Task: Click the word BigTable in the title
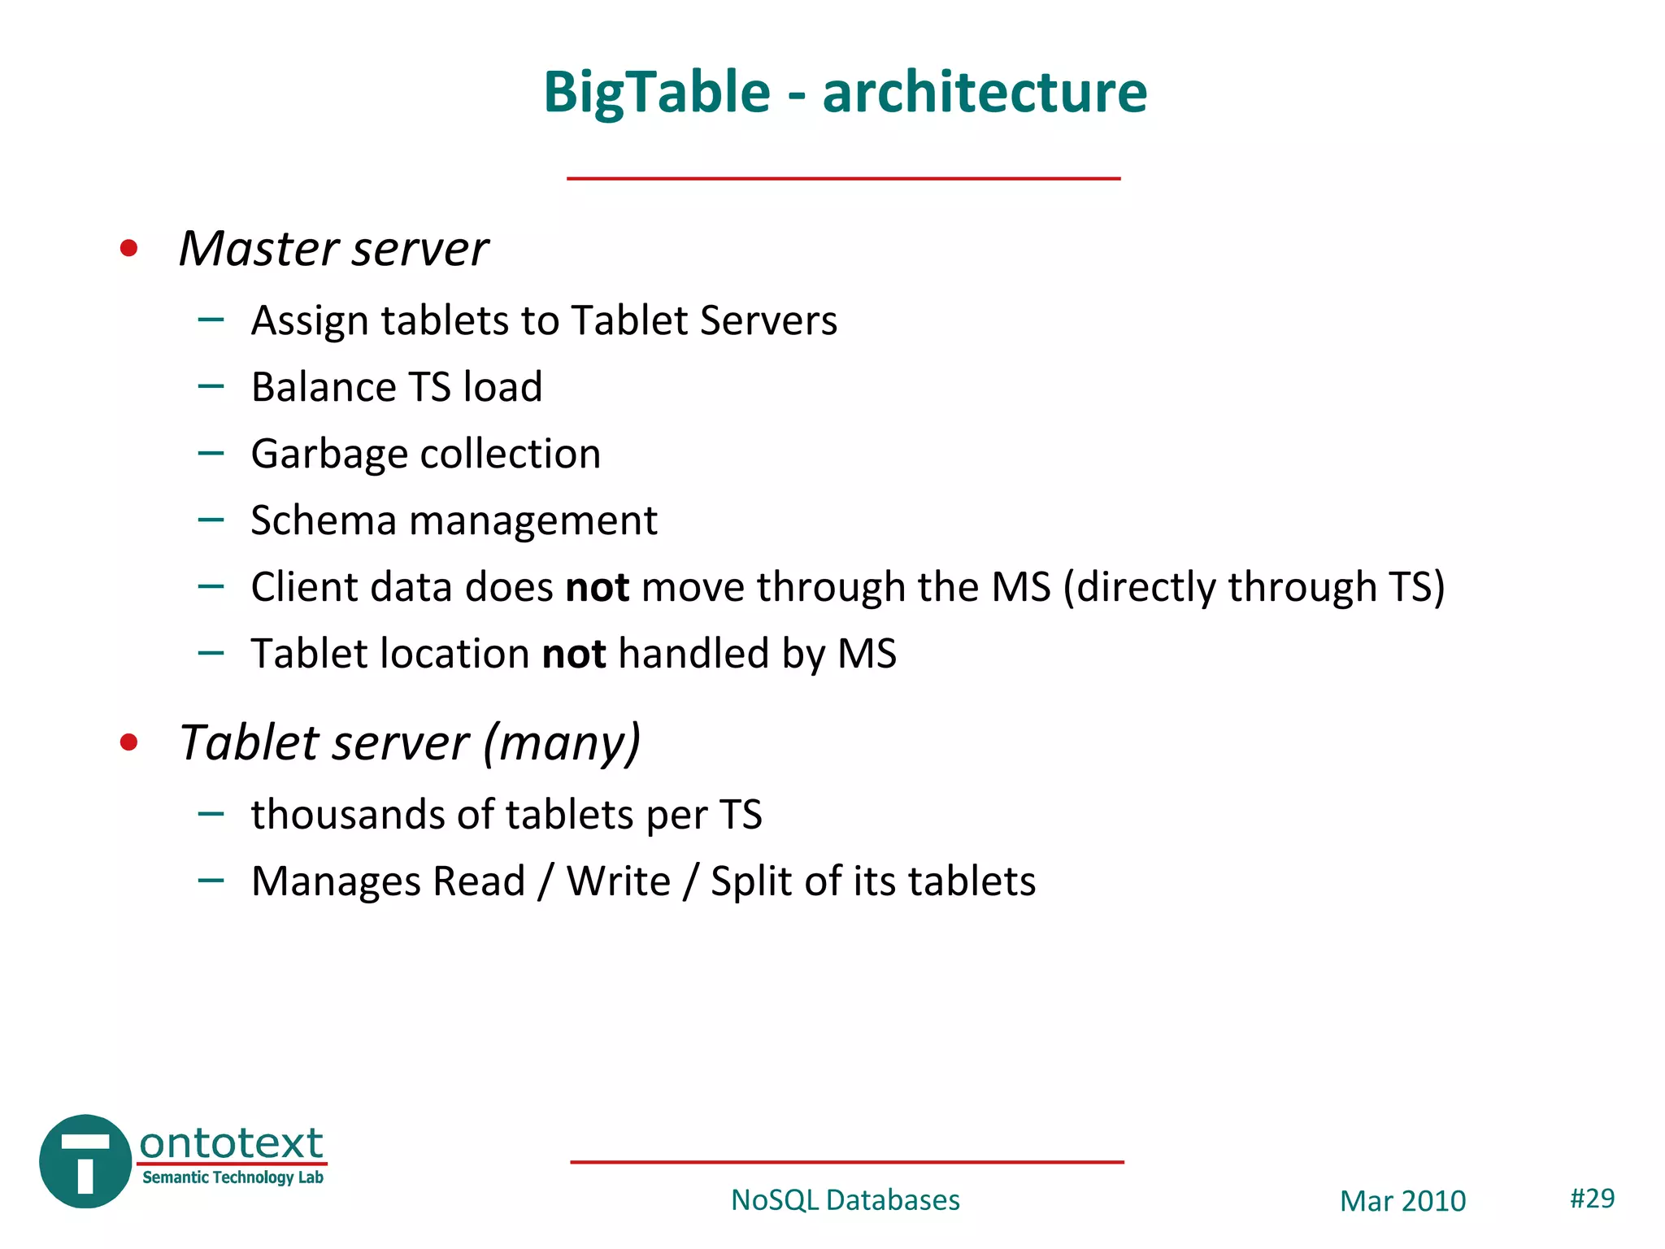[x=657, y=92]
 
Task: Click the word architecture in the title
[x=985, y=92]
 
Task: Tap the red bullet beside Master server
[x=128, y=248]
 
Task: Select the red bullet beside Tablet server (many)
[x=128, y=742]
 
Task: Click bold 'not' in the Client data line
[x=598, y=587]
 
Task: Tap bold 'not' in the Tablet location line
[x=574, y=654]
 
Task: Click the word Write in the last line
[x=618, y=881]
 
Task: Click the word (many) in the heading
[x=562, y=743]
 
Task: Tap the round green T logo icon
[x=85, y=1161]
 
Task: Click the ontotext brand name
[x=232, y=1143]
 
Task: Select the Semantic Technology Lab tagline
[x=233, y=1177]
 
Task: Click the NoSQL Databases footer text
[x=846, y=1200]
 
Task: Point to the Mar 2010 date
[x=1402, y=1201]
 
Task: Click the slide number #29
[x=1592, y=1199]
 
